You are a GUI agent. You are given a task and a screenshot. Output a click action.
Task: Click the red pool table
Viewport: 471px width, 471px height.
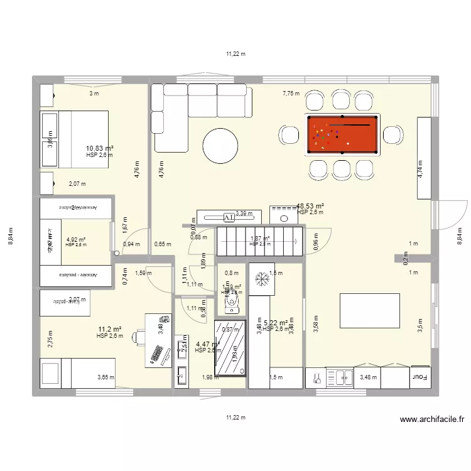pyautogui.click(x=342, y=134)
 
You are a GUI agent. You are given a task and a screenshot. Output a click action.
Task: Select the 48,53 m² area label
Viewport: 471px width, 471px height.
pyautogui.click(x=310, y=206)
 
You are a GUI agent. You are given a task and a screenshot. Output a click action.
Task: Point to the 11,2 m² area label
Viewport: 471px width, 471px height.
pyautogui.click(x=109, y=329)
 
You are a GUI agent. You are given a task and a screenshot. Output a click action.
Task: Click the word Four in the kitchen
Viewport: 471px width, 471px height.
pyautogui.click(x=419, y=377)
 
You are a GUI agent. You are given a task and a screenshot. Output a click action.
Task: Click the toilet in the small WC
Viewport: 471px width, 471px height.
pyautogui.click(x=232, y=303)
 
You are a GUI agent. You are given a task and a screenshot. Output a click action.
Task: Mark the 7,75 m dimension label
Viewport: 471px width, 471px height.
pyautogui.click(x=291, y=94)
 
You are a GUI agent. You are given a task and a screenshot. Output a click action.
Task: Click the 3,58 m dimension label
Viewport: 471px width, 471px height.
pyautogui.click(x=316, y=323)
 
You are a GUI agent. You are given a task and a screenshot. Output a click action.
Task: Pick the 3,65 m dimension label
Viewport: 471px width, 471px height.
pyautogui.click(x=106, y=377)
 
